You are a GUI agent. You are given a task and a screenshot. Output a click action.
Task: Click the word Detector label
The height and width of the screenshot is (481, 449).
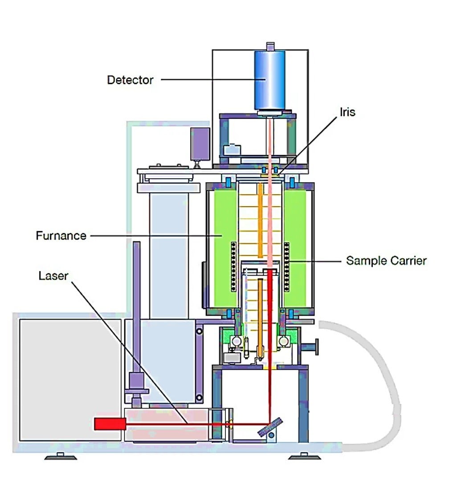coord(130,80)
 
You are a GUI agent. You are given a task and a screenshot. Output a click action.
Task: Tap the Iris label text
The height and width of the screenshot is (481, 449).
coord(347,112)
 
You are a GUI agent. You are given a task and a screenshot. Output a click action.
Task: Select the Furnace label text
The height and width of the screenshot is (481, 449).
coord(61,235)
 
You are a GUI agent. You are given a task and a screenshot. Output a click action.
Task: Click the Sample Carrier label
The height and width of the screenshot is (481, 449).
coord(386,261)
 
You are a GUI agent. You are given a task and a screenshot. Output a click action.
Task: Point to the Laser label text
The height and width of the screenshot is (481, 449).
coord(53,276)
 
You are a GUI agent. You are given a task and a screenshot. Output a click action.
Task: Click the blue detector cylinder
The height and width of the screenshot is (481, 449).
coord(269,81)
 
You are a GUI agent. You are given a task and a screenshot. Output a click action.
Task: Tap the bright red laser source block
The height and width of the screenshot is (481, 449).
coord(110,424)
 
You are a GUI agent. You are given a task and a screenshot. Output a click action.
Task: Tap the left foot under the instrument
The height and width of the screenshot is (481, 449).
coord(60,457)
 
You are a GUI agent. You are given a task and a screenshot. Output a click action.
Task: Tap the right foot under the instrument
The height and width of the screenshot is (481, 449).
coord(304,457)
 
